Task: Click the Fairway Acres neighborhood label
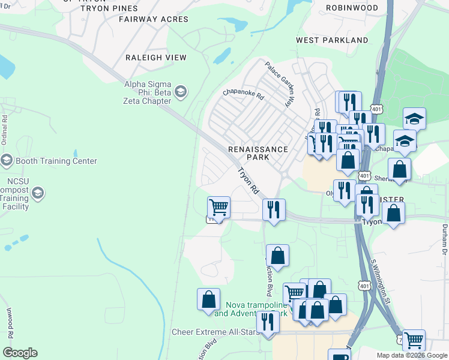(154, 19)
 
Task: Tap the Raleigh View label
(155, 58)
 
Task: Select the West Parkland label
(332, 40)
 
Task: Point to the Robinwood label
(352, 8)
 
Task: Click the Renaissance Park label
(258, 153)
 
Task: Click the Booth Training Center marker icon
(7, 161)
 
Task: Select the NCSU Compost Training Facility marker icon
(38, 193)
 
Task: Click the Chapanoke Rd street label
(243, 95)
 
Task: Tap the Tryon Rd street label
(248, 181)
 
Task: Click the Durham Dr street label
(445, 237)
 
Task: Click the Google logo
(20, 353)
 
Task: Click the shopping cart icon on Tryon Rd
(218, 208)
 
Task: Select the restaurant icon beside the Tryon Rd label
(273, 209)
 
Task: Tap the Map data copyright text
(412, 355)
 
